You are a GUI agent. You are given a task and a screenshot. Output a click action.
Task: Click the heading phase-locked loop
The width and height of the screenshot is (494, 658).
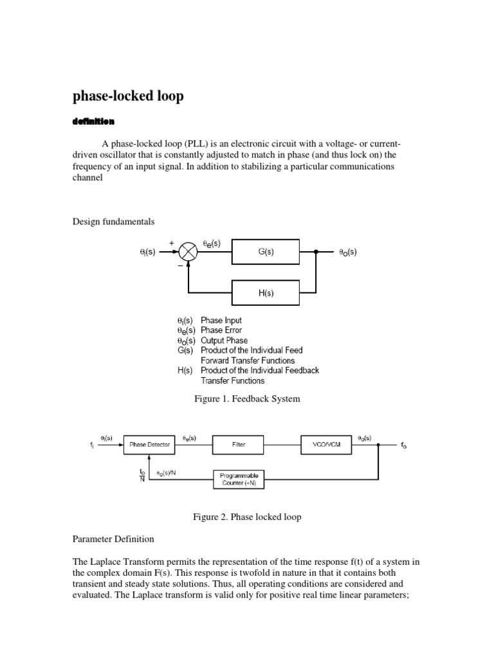click(x=128, y=96)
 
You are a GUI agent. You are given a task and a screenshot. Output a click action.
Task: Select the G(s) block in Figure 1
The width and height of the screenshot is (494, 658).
click(x=266, y=253)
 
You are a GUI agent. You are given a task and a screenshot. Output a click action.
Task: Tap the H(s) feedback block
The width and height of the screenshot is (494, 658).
click(x=266, y=294)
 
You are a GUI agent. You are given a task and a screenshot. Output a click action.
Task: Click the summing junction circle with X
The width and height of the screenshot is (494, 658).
click(x=188, y=253)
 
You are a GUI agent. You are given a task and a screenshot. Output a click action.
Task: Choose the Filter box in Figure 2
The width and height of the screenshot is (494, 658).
click(x=239, y=444)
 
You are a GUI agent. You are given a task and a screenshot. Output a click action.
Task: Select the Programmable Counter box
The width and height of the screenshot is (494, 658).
click(x=239, y=479)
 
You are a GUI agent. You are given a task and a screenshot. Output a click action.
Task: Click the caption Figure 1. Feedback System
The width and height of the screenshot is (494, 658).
click(x=247, y=399)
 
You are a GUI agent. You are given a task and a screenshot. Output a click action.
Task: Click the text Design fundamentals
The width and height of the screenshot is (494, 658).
click(x=113, y=222)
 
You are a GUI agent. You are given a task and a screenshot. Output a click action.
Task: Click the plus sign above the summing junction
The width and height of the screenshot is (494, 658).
click(x=172, y=243)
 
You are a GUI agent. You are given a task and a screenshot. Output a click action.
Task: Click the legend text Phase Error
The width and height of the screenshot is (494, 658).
click(x=221, y=330)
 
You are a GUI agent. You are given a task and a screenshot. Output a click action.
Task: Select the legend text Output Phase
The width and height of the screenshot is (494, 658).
click(x=224, y=341)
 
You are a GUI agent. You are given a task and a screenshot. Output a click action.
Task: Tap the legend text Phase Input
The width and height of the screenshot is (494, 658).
click(x=221, y=320)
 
